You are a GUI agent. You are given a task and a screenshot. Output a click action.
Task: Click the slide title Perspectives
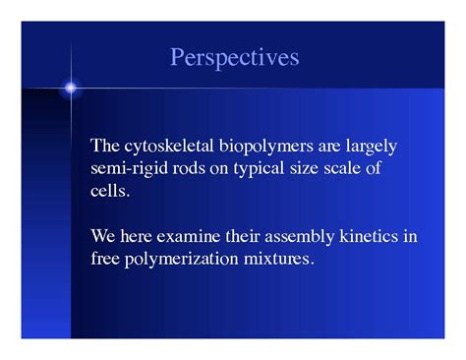coord(234,57)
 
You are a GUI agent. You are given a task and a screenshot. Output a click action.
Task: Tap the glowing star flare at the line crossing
coord(71,89)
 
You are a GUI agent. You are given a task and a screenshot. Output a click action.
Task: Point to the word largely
coord(370,147)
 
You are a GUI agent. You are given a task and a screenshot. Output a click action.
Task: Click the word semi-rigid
coord(127,168)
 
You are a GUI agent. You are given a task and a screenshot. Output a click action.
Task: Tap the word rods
coord(190,168)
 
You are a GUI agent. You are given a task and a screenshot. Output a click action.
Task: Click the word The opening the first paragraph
coord(105,147)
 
